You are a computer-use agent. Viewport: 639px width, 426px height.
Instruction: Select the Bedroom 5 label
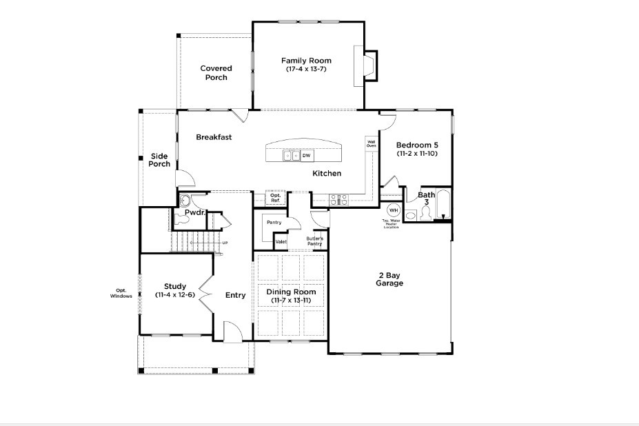coord(417,145)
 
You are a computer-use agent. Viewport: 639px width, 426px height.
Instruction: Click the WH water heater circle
coord(394,210)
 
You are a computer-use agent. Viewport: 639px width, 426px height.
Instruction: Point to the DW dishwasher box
coord(306,156)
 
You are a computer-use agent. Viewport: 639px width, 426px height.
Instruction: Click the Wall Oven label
coord(371,144)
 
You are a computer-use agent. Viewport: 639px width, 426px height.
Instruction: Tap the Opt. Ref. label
coord(275,198)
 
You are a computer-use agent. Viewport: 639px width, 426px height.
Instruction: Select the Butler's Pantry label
coord(315,241)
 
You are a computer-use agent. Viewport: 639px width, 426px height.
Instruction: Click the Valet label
coord(281,242)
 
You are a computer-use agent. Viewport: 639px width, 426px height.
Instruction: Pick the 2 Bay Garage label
coord(389,279)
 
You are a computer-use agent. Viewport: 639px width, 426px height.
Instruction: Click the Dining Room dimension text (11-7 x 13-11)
coord(291,301)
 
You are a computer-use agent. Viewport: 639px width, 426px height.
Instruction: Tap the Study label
coord(175,286)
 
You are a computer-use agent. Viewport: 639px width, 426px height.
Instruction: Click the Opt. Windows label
coord(121,293)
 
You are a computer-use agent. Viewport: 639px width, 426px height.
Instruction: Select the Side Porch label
coord(159,160)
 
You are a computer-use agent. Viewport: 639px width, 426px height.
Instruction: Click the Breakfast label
coord(214,137)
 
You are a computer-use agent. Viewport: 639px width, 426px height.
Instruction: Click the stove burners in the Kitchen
coord(339,199)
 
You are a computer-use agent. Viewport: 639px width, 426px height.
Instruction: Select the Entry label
coord(235,295)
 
